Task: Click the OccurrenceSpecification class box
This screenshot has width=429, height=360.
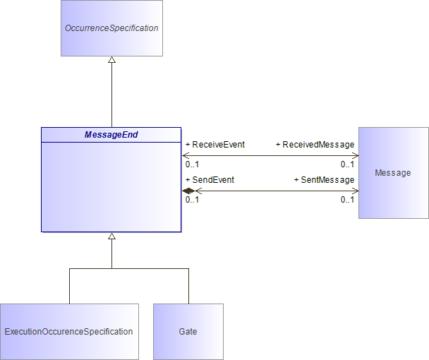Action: coord(111,28)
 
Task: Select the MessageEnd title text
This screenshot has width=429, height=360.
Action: coord(111,135)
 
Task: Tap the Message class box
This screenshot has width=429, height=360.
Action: coord(394,173)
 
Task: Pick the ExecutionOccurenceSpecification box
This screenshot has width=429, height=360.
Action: coord(69,332)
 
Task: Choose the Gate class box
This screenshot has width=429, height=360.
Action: coord(188,332)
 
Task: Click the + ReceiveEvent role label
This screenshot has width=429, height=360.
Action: coord(215,145)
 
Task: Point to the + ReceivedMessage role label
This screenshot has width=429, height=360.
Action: coord(315,145)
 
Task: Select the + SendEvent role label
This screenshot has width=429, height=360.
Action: coord(210,180)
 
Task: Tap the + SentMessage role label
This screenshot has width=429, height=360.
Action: coord(324,180)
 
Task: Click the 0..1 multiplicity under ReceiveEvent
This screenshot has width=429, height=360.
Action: coord(192,164)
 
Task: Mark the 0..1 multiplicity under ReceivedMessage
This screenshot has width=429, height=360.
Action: coord(347,164)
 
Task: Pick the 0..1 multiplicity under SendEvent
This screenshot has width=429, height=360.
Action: coord(192,200)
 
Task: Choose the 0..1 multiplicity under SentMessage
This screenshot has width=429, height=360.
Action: coord(347,200)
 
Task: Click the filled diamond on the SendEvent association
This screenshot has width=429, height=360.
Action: coord(188,191)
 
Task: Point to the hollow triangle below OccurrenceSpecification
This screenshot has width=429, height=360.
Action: coord(111,60)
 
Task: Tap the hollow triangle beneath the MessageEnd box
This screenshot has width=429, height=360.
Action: coord(111,236)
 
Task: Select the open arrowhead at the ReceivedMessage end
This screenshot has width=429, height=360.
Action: coord(355,155)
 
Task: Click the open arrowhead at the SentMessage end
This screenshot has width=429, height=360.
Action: coord(355,191)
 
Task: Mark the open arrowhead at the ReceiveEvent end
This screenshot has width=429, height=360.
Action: coord(186,155)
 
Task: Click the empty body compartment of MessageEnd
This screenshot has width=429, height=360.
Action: coord(111,187)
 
